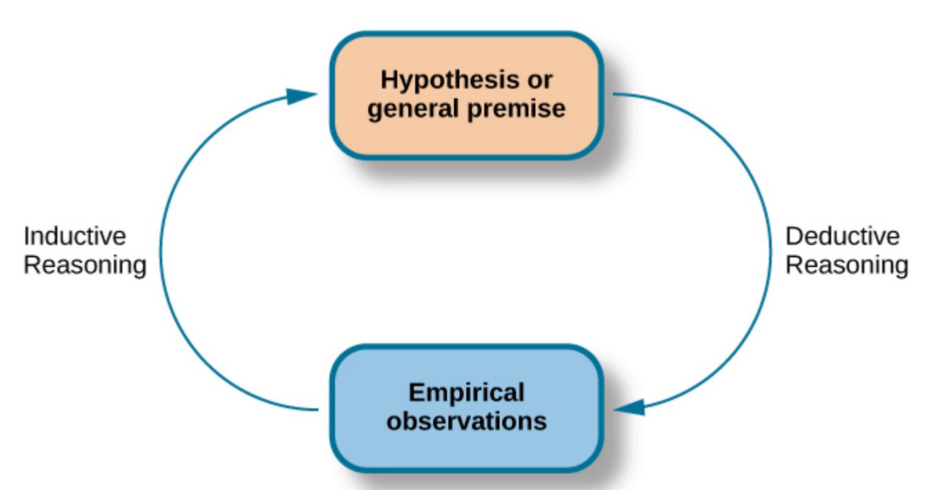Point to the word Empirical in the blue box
(x=466, y=393)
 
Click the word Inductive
(x=75, y=237)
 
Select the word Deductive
(x=842, y=237)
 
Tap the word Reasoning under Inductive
(x=85, y=265)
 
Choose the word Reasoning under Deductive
(x=847, y=265)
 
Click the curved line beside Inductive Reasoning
(x=161, y=252)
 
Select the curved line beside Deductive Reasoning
(x=770, y=252)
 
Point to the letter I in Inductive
(x=27, y=237)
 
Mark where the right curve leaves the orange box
(x=614, y=95)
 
